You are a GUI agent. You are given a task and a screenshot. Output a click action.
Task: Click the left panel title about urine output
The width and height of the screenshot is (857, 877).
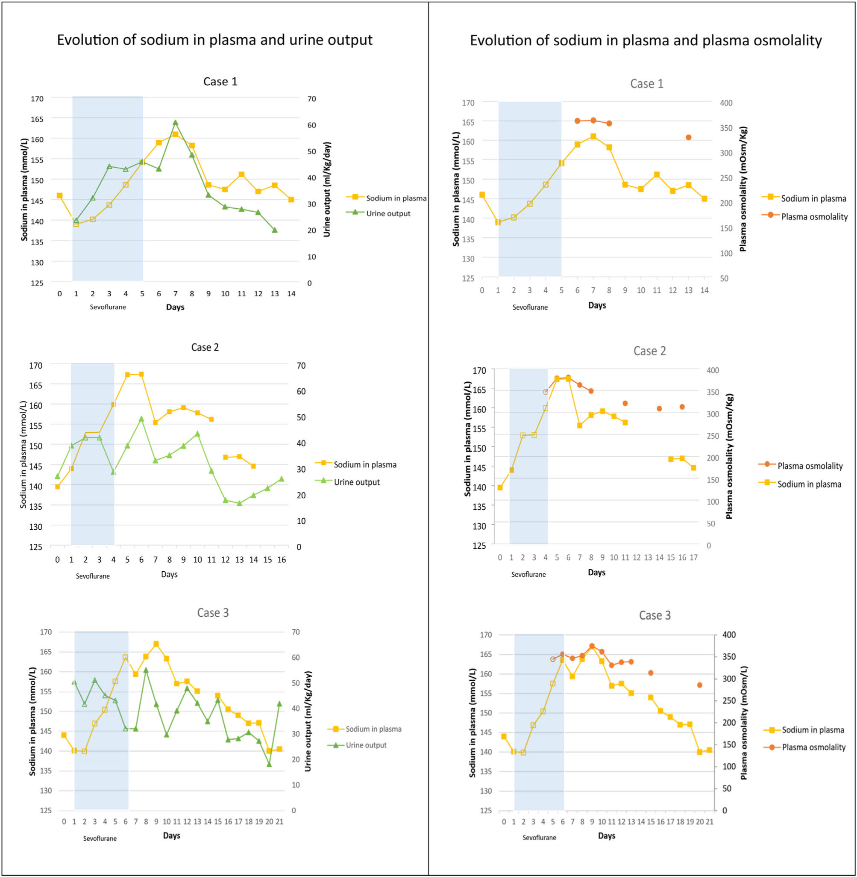coord(214,40)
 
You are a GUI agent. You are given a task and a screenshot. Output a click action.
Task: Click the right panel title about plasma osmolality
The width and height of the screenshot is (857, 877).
coord(646,41)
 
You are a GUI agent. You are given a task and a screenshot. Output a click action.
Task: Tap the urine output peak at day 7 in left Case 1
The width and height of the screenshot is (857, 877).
coord(176,123)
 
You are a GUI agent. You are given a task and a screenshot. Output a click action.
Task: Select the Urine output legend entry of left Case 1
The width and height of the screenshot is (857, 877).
coord(387,213)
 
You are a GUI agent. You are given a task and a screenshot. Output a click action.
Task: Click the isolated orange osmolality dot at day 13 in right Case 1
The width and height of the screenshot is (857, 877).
coord(688,137)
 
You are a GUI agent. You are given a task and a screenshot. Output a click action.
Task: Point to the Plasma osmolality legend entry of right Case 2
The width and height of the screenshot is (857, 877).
coord(810,466)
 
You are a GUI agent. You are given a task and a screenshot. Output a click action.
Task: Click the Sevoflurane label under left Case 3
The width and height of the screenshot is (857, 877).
coord(100,838)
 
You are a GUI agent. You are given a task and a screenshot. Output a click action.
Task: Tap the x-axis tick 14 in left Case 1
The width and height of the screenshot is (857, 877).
coord(291,294)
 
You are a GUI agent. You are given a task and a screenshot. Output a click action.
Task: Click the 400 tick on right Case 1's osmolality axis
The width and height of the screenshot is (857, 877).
coord(726,103)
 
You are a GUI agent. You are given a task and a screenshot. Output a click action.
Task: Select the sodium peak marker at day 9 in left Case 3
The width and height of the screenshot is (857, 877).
coord(156,644)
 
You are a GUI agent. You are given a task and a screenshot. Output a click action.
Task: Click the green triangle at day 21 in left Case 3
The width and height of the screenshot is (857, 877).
coord(279,703)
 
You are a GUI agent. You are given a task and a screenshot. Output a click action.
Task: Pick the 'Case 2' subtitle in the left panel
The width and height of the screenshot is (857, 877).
coord(205,347)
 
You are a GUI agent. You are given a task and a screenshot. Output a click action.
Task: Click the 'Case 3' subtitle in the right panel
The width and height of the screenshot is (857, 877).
coord(654,615)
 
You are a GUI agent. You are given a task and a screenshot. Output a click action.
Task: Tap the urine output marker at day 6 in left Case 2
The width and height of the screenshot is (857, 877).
coord(141,419)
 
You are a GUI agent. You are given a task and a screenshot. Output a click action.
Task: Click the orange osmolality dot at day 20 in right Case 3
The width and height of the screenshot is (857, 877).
coord(699,685)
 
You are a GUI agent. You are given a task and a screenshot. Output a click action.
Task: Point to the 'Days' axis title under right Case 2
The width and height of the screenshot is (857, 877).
coord(596,573)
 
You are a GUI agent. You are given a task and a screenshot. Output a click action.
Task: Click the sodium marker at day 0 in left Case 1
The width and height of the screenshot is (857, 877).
coord(59,195)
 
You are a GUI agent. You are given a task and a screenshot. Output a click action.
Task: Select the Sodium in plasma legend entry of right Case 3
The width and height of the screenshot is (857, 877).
coord(813,730)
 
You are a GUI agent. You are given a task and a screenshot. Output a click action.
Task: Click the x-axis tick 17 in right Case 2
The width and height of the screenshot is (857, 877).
coord(694,558)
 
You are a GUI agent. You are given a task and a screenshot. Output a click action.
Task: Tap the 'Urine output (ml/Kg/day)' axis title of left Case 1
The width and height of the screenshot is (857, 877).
coord(327,189)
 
